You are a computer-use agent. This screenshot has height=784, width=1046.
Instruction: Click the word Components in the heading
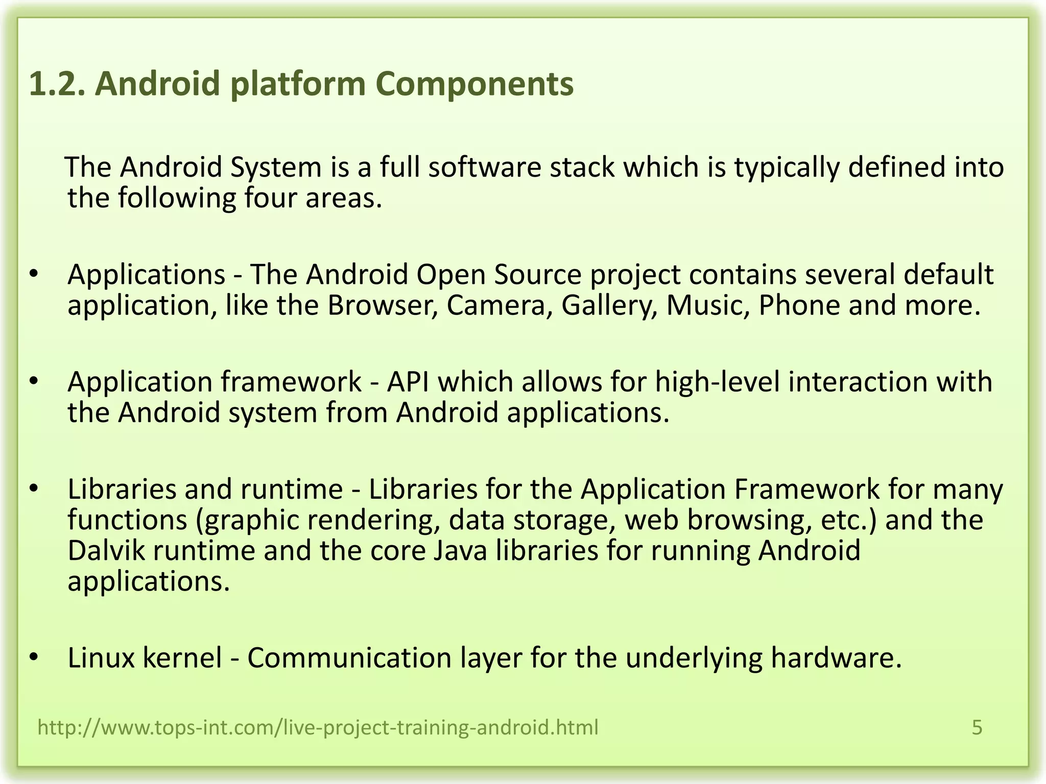pyautogui.click(x=474, y=84)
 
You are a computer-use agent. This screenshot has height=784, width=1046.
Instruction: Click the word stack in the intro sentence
pyautogui.click(x=582, y=167)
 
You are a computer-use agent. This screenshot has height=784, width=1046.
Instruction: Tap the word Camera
pyautogui.click(x=499, y=305)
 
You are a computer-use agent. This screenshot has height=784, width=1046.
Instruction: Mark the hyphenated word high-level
pyautogui.click(x=718, y=382)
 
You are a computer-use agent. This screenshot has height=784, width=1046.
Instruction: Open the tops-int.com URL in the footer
pyautogui.click(x=318, y=727)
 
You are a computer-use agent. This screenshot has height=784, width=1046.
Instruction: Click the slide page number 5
pyautogui.click(x=977, y=727)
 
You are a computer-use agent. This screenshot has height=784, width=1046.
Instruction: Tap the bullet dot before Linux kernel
pyautogui.click(x=34, y=656)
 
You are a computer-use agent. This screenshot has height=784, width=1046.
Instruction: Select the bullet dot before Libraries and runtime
pyautogui.click(x=34, y=488)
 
